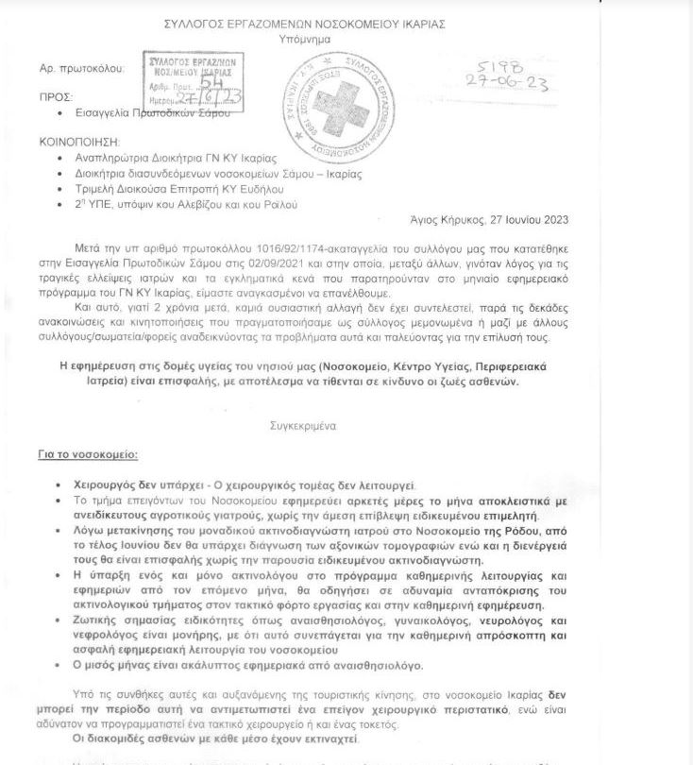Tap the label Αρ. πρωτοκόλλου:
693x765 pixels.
82,69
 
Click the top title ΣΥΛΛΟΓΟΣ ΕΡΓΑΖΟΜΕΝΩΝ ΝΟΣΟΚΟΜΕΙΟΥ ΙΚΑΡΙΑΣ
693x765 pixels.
346,23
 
